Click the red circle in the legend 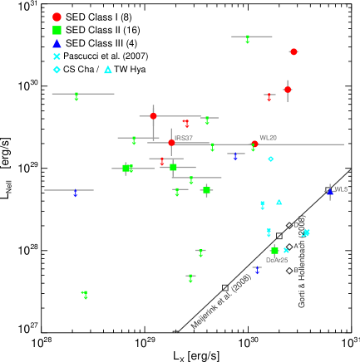57,17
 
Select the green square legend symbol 57,30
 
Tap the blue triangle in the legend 57,43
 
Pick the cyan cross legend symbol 57,56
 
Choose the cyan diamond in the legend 57,70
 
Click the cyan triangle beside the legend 108,70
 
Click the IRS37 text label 183,138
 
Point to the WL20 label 268,137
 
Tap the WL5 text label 341,189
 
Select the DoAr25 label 277,260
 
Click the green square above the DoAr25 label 274,250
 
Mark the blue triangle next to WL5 330,192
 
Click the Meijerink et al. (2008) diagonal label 220,301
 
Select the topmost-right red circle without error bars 293,51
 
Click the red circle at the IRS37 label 171,143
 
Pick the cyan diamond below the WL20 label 270,159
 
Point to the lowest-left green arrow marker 85,294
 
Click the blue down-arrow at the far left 75,193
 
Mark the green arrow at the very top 248,38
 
